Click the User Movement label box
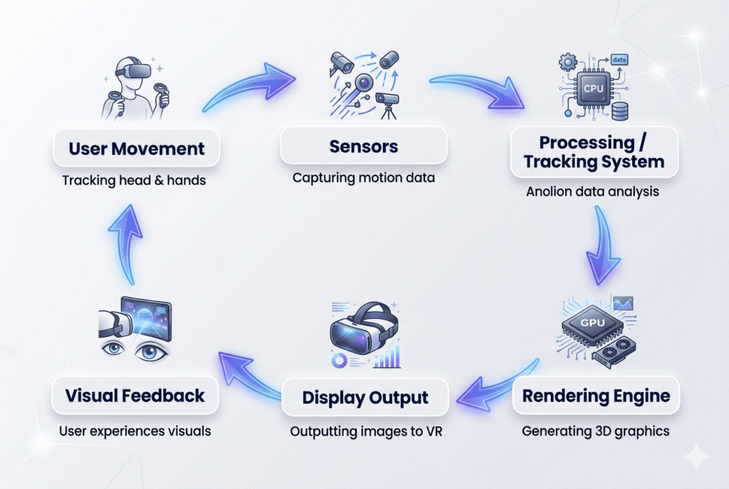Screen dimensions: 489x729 point(136,149)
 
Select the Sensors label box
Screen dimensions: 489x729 point(364,147)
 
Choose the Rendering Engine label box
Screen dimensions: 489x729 point(596,396)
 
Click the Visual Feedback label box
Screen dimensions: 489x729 point(135,396)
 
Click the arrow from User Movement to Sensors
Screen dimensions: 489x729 point(248,84)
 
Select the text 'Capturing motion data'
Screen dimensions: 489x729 point(363,177)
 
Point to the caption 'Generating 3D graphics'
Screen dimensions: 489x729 point(595,431)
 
